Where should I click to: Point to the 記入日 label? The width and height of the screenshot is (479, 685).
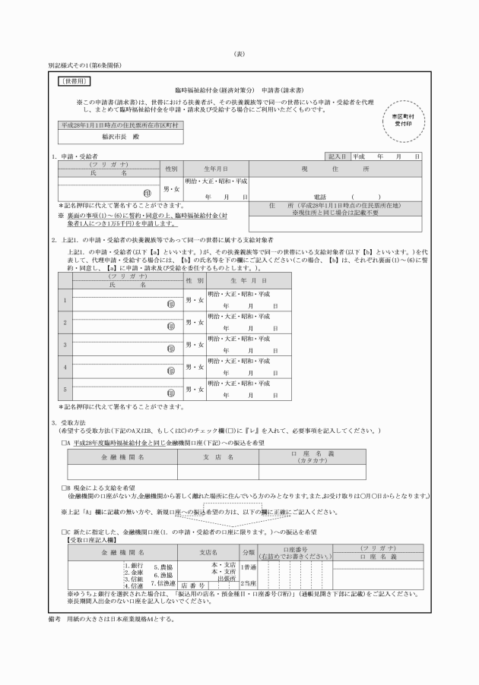click(338, 156)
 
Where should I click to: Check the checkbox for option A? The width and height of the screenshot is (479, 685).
click(64, 442)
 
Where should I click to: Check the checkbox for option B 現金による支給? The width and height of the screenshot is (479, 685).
click(64, 489)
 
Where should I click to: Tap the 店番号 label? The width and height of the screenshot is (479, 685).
click(193, 586)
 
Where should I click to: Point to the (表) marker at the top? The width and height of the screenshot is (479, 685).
click(239, 55)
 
